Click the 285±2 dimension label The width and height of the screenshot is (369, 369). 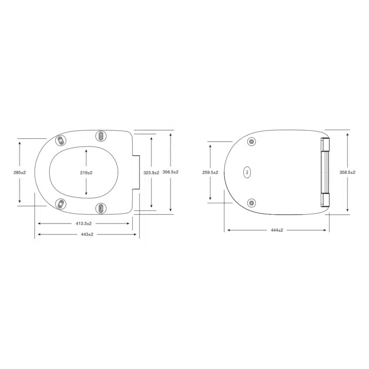coord(19,172)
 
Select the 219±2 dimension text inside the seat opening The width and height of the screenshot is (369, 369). coord(86,172)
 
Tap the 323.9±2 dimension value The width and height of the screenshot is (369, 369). coord(150,172)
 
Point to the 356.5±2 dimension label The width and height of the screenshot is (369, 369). coord(171,172)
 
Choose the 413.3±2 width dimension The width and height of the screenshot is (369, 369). coord(83,224)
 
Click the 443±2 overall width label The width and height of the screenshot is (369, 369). coord(86,235)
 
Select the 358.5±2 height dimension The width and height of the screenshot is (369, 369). coord(347,172)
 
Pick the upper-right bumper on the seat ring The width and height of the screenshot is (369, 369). coord(100,136)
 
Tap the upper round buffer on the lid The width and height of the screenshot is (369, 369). coord(251,142)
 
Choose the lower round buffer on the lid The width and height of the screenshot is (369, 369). coord(251,202)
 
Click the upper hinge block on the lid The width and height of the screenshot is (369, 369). coord(325,145)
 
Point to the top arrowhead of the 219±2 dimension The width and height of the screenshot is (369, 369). coord(86,150)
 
